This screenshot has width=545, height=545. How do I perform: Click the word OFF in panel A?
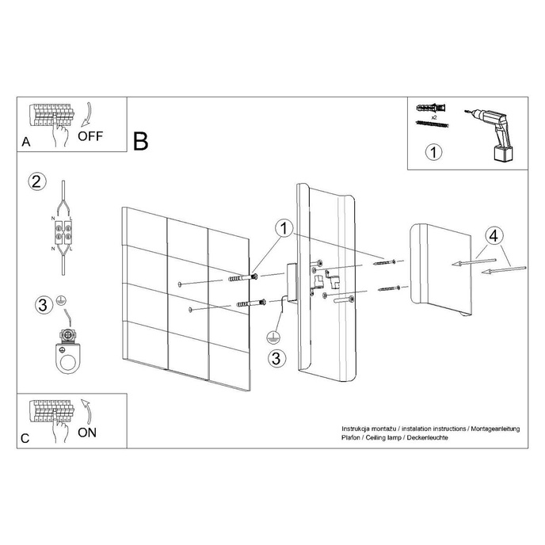coord(90,135)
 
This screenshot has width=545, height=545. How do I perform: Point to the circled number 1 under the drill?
coord(433,151)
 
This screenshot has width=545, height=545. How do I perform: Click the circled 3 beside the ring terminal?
coord(45,304)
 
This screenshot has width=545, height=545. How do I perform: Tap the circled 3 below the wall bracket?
coord(275,358)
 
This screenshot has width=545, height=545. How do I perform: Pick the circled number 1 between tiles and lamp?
coord(283,228)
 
